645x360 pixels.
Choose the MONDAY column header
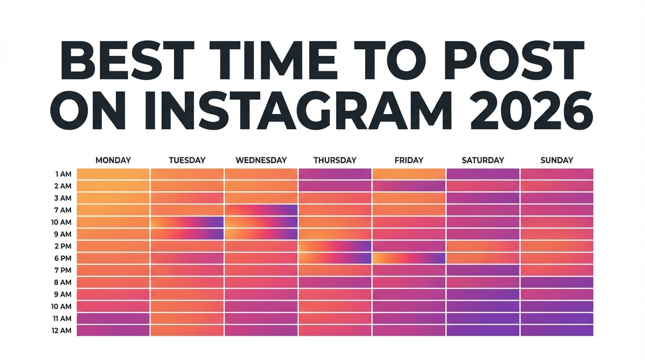(113, 160)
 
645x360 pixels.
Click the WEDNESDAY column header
(261, 160)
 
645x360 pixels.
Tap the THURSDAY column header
(335, 160)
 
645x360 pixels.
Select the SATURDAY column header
(483, 160)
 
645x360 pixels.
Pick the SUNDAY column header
(556, 160)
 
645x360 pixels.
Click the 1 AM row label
(63, 174)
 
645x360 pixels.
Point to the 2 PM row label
(63, 246)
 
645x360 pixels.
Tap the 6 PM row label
(63, 258)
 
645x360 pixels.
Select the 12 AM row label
(63, 330)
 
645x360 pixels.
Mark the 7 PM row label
(63, 270)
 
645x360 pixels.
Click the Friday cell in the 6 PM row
(409, 258)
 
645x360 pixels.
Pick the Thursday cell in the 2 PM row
(335, 246)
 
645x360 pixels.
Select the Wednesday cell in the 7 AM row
(261, 210)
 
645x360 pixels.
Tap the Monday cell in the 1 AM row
(113, 174)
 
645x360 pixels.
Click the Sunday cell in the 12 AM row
(556, 330)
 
